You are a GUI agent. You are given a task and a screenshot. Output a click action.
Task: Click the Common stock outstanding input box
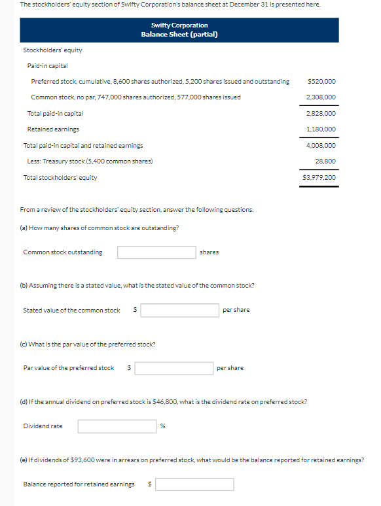pos(157,252)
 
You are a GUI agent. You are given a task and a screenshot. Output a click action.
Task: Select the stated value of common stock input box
pos(179,310)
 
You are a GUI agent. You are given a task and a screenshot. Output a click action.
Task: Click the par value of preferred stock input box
pos(173,368)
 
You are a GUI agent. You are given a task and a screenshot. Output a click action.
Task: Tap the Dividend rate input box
pos(117,426)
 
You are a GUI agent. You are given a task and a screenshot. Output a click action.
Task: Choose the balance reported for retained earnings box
pos(194,484)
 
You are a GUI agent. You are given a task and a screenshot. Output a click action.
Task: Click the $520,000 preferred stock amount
pos(321,82)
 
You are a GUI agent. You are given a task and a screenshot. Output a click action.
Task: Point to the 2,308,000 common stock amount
pos(321,97)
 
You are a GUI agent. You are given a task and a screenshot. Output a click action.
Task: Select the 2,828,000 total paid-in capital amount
pos(321,114)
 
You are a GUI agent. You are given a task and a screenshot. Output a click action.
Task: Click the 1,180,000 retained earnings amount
pos(321,129)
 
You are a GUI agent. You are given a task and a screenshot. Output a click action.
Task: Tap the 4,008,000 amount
pos(321,146)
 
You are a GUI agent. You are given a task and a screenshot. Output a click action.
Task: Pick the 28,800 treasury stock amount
pos(325,161)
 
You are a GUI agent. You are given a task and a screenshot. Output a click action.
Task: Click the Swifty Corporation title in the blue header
pos(179,25)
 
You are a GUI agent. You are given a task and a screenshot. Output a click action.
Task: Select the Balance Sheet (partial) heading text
pos(179,34)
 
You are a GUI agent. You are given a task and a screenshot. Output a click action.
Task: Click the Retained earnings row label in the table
pos(53,129)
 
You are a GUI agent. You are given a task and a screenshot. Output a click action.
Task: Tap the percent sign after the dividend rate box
pos(163,426)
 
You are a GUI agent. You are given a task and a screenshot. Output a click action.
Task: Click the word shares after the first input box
pos(209,252)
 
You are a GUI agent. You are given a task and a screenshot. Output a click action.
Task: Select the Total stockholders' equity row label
pos(60,177)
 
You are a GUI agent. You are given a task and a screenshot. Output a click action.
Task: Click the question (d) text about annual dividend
pos(164,402)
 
